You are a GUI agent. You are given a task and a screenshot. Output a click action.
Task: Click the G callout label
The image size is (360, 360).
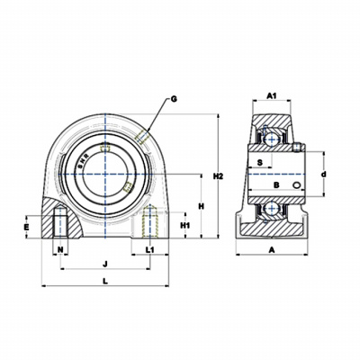(174, 99)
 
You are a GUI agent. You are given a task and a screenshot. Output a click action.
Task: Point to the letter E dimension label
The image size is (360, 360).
(27, 227)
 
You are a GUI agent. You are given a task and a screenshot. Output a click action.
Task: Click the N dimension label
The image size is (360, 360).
(60, 249)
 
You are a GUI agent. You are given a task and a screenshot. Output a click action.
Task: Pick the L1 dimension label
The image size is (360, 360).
(149, 249)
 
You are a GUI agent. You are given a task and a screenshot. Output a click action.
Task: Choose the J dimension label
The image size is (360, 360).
(105, 264)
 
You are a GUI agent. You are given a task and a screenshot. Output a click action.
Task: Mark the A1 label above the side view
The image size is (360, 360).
(272, 95)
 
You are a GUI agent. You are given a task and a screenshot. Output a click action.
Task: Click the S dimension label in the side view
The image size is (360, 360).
(260, 162)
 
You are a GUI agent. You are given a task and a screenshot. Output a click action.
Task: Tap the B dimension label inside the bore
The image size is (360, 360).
(276, 184)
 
